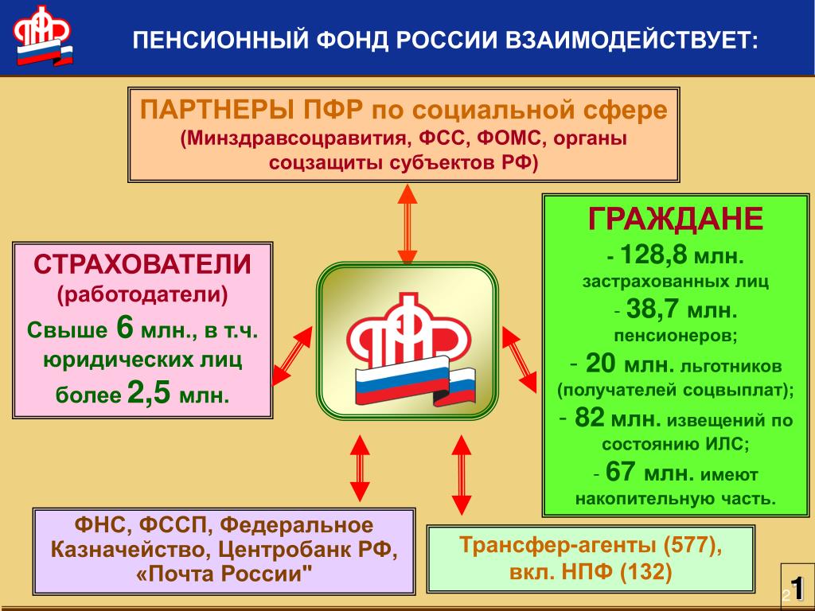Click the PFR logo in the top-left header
pyautogui.click(x=43, y=35)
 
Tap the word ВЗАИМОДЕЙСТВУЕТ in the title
pyautogui.click(x=631, y=40)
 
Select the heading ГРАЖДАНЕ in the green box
pyautogui.click(x=675, y=219)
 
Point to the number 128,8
pyautogui.click(x=654, y=255)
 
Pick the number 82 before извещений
pyautogui.click(x=590, y=417)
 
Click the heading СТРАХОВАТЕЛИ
pyautogui.click(x=142, y=264)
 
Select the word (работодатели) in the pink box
pyautogui.click(x=142, y=294)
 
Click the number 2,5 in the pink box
pyautogui.click(x=149, y=392)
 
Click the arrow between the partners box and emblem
pyautogui.click(x=407, y=224)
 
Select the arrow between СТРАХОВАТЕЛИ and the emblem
pyautogui.click(x=292, y=356)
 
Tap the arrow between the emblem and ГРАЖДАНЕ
pyautogui.click(x=519, y=359)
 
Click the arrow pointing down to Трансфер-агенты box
pyautogui.click(x=461, y=475)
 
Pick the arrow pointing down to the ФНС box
pyautogui.click(x=360, y=468)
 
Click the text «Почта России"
pyautogui.click(x=224, y=574)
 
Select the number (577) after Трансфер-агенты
pyautogui.click(x=693, y=544)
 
